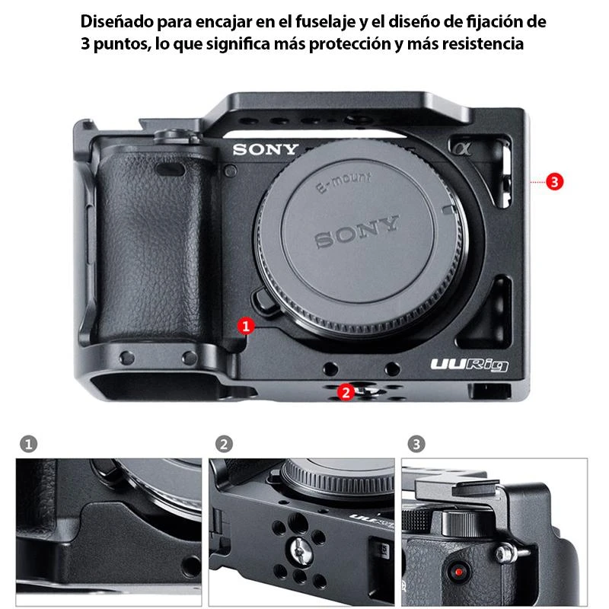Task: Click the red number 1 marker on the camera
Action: pos(246,327)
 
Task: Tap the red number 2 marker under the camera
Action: pos(346,392)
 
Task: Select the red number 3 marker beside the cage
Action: pos(554,182)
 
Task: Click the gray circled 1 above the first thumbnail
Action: pos(28,444)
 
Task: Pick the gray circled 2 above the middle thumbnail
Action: pos(224,444)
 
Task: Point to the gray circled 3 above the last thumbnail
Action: pos(416,444)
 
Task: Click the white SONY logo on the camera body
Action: pos(266,149)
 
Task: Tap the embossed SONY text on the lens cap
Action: pos(356,231)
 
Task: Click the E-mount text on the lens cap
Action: pos(343,183)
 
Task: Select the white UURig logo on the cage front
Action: pos(469,365)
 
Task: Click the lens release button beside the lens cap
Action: pos(266,300)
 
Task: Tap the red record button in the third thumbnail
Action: pos(458,572)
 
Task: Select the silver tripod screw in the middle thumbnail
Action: pos(301,550)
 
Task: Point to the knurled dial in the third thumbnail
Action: pos(461,523)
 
